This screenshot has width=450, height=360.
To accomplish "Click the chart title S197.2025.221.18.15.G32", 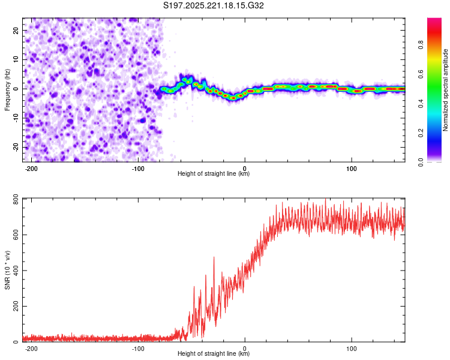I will coord(214,5).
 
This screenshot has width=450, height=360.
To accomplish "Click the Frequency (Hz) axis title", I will coord(7,89).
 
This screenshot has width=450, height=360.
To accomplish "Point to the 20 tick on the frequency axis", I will coord(17,29).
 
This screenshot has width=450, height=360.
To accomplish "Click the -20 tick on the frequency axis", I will coord(16,147).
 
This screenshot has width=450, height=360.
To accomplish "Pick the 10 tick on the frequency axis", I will coord(17,59).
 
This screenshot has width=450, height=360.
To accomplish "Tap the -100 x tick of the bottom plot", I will coord(138,348).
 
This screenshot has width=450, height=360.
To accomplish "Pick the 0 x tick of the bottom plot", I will coord(245,348).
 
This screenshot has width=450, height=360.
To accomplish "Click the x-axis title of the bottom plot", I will coord(214,354).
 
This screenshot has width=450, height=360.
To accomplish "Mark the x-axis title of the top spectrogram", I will coord(214,174).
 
